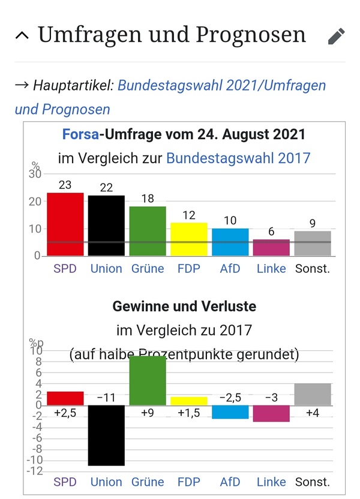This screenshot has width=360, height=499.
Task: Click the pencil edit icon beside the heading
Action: (337, 36)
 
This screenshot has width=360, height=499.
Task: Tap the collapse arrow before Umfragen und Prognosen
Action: (22, 35)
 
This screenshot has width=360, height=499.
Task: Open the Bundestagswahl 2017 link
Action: (238, 158)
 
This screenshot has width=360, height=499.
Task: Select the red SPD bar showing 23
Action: (65, 224)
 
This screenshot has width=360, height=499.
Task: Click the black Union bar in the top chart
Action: (106, 225)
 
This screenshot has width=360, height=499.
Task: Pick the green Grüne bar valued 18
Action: (148, 231)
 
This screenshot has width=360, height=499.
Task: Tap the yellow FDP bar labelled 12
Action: (188, 239)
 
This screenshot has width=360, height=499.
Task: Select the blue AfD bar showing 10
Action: (230, 242)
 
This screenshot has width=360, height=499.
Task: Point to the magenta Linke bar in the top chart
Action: (271, 247)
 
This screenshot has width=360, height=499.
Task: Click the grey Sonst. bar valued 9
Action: (313, 243)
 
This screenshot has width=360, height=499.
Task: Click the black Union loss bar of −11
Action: (106, 435)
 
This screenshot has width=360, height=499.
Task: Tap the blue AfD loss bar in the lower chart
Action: (230, 411)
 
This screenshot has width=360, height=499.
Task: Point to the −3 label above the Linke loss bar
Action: (271, 398)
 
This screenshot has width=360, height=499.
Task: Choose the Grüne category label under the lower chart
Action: (148, 482)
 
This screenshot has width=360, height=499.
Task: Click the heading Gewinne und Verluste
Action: (184, 306)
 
